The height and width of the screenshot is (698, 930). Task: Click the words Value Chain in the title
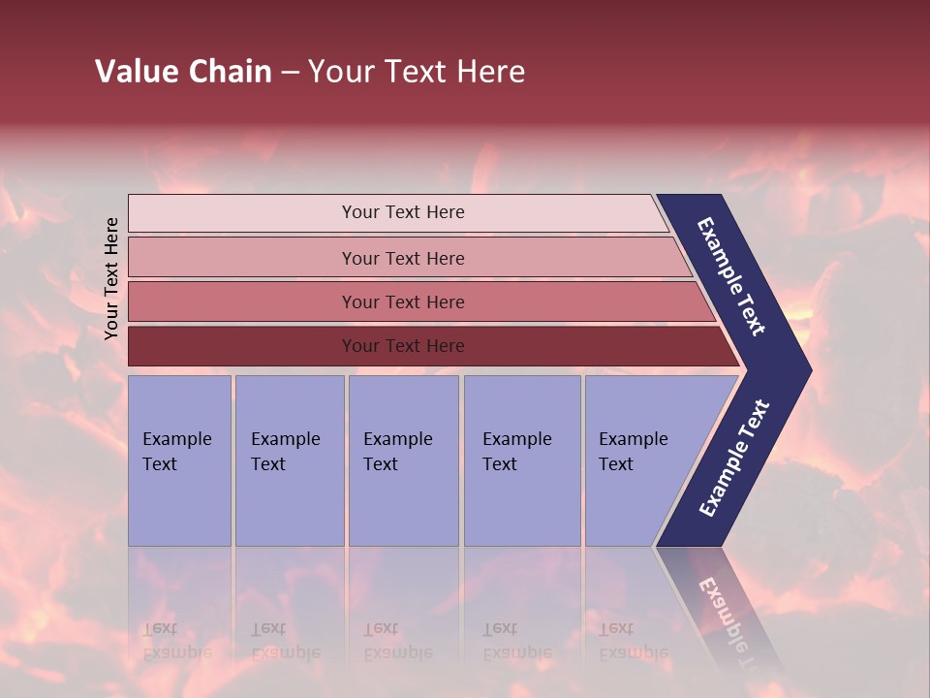click(183, 72)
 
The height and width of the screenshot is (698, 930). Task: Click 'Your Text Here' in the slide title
click(417, 72)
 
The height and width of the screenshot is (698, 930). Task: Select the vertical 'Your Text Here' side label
click(111, 278)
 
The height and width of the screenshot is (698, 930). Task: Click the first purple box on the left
click(179, 460)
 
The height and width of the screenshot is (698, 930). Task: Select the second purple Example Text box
click(289, 460)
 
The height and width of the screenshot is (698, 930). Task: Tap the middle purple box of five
click(403, 460)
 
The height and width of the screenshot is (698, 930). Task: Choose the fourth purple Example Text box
click(521, 460)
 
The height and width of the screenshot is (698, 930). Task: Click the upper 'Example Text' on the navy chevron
click(731, 276)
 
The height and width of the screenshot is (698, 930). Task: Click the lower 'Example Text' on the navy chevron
click(734, 459)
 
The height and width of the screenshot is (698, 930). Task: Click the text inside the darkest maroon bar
click(403, 346)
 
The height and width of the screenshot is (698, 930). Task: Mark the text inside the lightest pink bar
click(403, 212)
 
